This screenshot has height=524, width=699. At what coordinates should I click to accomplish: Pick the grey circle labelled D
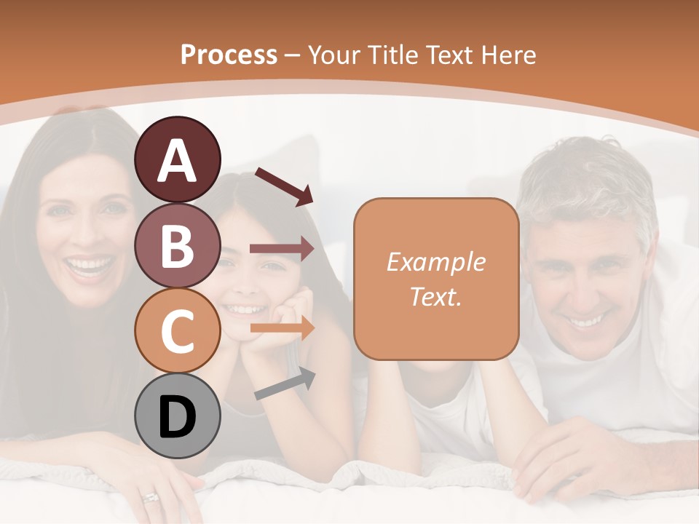(177, 416)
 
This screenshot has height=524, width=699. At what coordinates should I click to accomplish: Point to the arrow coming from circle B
(282, 249)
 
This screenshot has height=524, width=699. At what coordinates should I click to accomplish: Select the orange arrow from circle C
(282, 328)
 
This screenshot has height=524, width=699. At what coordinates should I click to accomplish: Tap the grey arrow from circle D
(285, 384)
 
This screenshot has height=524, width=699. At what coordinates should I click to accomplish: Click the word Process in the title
(229, 55)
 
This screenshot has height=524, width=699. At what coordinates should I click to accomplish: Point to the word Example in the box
(435, 262)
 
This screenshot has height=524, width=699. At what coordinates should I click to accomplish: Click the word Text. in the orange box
(435, 296)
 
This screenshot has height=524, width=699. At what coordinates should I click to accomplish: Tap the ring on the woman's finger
(151, 497)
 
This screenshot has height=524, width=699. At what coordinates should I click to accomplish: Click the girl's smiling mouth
(244, 309)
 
